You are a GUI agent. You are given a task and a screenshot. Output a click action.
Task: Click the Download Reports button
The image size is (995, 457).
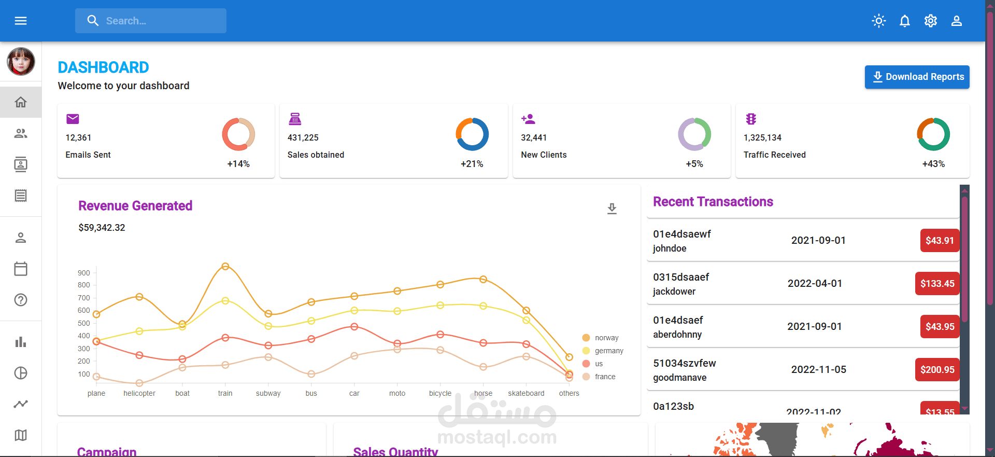pos(917,77)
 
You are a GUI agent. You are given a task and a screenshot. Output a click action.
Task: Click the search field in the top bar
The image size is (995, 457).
pos(151,21)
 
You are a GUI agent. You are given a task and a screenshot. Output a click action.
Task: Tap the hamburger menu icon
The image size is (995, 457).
pos(21,21)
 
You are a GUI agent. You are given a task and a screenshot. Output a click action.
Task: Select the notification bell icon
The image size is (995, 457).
pos(904,21)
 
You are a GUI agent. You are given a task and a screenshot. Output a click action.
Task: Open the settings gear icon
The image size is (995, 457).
pos(930,21)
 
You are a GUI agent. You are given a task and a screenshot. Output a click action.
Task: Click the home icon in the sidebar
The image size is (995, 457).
pos(21,102)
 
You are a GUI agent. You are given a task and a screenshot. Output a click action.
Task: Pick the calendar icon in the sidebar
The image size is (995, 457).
pos(21,269)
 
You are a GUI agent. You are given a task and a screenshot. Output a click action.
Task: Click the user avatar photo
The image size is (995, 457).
pos(21,61)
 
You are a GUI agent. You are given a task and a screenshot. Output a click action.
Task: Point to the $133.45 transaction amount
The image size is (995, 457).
pos(937,284)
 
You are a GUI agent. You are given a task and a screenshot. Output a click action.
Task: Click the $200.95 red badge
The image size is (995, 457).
pos(937,370)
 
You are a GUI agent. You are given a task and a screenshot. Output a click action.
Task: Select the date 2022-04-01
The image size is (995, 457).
pos(815,284)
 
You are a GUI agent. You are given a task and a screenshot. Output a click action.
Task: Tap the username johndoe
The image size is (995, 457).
pos(670,248)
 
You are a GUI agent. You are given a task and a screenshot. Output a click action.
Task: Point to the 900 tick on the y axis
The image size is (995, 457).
pos(84,273)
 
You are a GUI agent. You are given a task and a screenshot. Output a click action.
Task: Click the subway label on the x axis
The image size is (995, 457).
pos(268,393)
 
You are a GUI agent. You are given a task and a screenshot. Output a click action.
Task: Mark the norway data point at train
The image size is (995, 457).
pos(225,267)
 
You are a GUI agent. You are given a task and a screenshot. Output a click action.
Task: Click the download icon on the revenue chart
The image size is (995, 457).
pos(612,209)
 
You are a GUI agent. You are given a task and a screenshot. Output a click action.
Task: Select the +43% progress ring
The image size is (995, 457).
pos(933,134)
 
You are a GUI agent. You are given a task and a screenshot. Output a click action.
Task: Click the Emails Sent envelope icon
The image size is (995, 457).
pos(73,119)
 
